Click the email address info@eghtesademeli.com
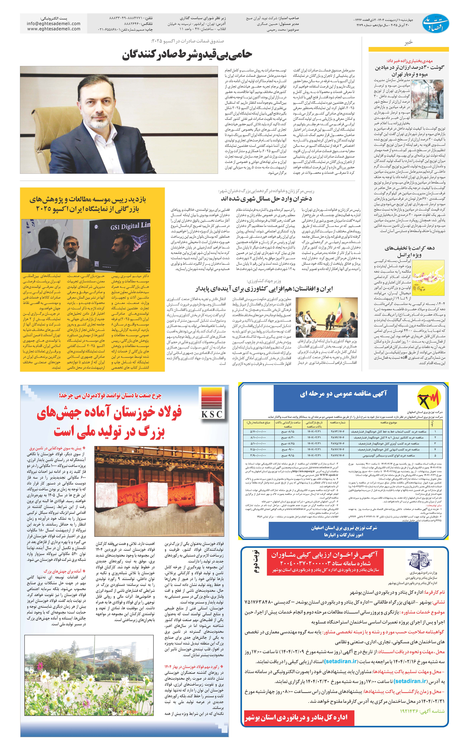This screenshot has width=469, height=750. point(54,24)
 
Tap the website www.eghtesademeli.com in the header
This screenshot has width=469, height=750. point(54,29)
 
